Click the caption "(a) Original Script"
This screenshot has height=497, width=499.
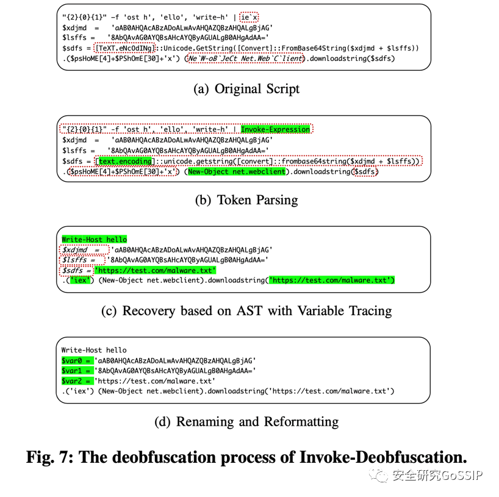[x=246, y=89]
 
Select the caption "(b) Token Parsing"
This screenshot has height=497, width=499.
[x=246, y=200]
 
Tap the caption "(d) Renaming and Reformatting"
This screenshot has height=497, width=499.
[x=246, y=421]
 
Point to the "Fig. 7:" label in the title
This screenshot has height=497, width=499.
[x=50, y=457]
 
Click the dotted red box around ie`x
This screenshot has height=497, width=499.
[x=249, y=17]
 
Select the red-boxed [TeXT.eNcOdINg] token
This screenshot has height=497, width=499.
[x=124, y=48]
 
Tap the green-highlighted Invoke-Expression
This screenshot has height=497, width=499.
[x=275, y=129]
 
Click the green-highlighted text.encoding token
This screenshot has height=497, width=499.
[x=125, y=162]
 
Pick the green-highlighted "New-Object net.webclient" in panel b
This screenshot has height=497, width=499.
[x=237, y=171]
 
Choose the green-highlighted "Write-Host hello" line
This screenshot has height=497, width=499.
[x=94, y=239]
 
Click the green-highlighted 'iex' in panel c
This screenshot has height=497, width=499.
[x=80, y=280]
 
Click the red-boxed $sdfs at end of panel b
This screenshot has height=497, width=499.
[x=366, y=172]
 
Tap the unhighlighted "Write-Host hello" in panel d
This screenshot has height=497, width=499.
[x=94, y=350]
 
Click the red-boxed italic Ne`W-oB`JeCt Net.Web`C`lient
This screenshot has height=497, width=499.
[x=245, y=58]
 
